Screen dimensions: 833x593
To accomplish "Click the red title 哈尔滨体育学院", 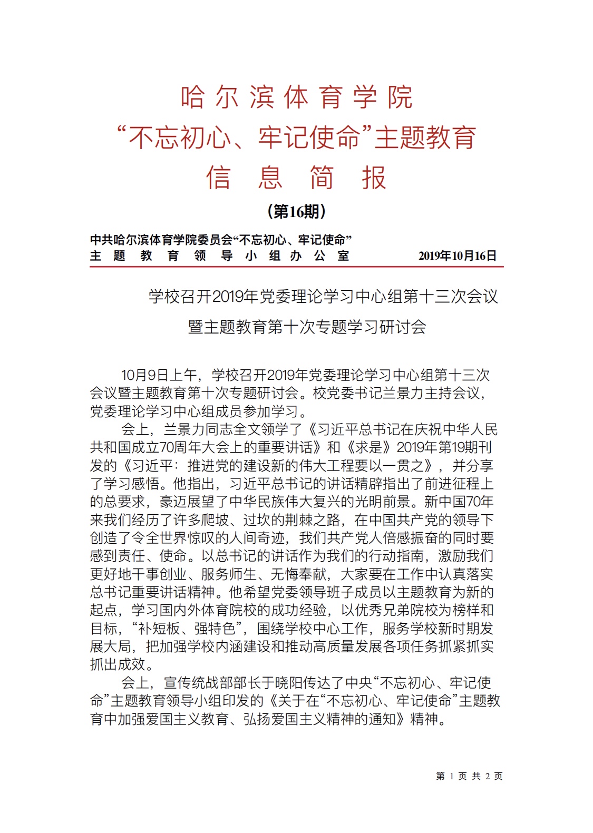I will [x=296, y=97].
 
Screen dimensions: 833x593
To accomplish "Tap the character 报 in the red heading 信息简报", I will [x=374, y=177].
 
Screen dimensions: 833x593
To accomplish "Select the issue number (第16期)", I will [x=296, y=211].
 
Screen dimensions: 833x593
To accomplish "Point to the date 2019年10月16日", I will [x=457, y=256].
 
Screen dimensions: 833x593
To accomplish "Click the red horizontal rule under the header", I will [x=296, y=267].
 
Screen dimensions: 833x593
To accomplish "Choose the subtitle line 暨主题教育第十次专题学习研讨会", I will [x=307, y=327].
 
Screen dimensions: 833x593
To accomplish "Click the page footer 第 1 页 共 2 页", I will [x=469, y=776].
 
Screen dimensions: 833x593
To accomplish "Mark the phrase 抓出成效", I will [x=117, y=664].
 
